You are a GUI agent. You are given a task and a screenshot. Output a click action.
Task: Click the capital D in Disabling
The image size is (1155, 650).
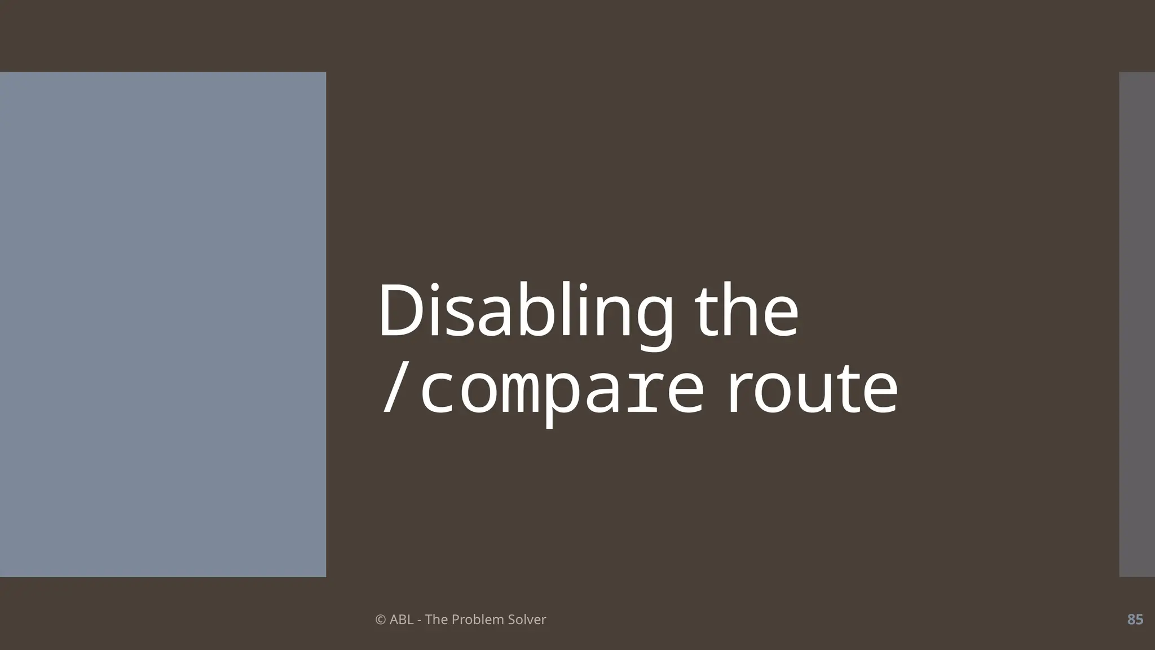[x=403, y=311]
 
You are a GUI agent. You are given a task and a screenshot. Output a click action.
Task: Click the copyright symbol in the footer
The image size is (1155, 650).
[x=381, y=620]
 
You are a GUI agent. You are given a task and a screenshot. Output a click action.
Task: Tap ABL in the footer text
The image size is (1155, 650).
[x=402, y=620]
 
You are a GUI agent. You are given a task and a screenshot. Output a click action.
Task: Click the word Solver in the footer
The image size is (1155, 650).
[x=527, y=620]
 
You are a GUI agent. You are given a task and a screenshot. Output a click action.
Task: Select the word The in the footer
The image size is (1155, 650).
[x=435, y=620]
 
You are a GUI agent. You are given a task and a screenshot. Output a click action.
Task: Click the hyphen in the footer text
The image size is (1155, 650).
[x=420, y=620]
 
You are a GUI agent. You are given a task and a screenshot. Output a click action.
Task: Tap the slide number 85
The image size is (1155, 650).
[x=1135, y=620]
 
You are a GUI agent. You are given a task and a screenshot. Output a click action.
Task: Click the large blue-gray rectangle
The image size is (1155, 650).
[x=163, y=324]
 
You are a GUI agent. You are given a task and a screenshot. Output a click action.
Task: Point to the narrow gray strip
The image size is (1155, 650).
[x=1137, y=324]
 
